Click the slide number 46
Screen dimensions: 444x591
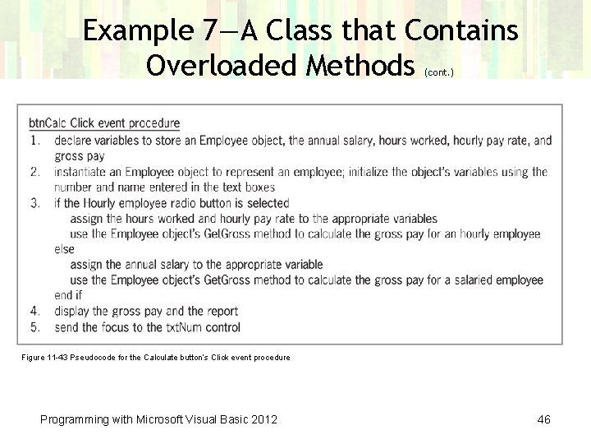[x=543, y=420]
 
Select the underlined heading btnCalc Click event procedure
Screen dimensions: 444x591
[x=104, y=124]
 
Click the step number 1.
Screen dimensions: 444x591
[x=34, y=141]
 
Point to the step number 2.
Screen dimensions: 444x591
[x=34, y=172]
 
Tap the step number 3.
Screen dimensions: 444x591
[x=34, y=203]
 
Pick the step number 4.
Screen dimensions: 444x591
[x=34, y=312]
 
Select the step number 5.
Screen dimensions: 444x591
[x=34, y=327]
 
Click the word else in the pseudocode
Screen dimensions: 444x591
[x=64, y=250]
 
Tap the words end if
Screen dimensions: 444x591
[x=68, y=296]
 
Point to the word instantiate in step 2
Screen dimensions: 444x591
[x=82, y=172]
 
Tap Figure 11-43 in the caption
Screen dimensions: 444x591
[x=46, y=358]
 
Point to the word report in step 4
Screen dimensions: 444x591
[x=221, y=312]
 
